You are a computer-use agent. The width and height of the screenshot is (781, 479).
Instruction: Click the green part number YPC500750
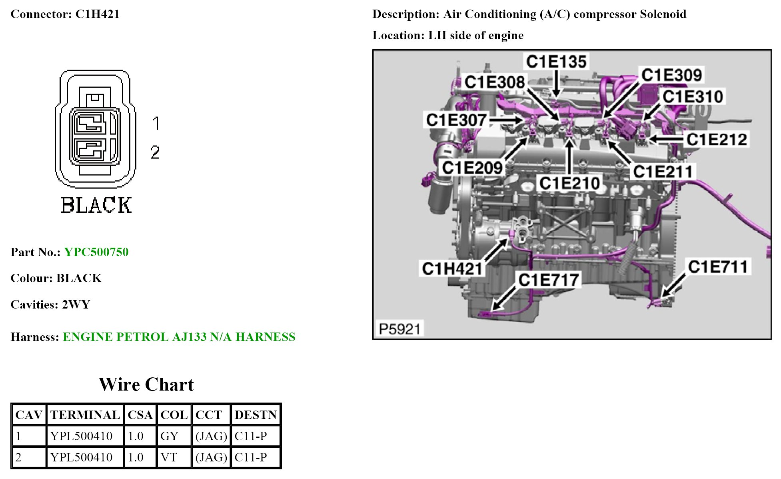point(96,252)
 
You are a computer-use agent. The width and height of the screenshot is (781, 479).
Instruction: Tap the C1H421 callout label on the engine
point(452,269)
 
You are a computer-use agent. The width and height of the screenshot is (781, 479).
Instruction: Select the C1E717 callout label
point(548,280)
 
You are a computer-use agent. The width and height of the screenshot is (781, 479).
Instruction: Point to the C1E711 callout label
point(718,267)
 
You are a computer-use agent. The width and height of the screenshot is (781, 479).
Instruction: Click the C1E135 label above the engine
point(556,62)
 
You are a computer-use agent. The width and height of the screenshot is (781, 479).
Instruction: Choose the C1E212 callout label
point(717,139)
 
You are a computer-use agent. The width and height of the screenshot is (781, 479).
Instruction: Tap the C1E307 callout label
point(456,120)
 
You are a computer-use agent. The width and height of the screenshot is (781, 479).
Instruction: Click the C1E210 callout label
point(569,183)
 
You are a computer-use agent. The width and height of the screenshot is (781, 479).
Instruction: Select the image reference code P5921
point(399,329)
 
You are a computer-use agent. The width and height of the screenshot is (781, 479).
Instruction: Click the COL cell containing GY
point(170,436)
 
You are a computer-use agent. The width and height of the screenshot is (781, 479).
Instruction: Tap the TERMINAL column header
point(85,415)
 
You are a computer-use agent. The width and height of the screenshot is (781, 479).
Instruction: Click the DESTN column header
point(256,415)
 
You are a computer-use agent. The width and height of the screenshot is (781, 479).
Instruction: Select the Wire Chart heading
point(146,385)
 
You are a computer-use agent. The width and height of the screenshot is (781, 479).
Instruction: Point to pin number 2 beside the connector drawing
point(155,152)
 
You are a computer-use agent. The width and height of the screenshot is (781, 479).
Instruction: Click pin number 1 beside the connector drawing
point(156,123)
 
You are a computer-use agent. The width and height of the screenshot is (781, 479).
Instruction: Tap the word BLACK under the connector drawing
point(96,205)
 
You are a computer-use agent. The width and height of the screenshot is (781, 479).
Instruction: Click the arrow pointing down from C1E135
point(556,84)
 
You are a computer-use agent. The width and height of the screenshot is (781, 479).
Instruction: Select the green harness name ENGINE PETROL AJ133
point(179,337)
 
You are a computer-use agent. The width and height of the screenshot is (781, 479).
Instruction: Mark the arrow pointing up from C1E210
point(570,156)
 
